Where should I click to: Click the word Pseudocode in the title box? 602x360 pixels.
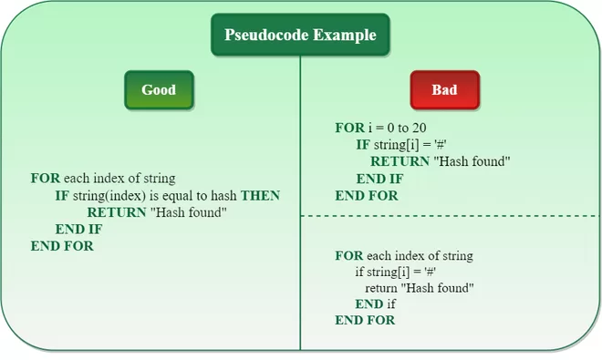click(x=267, y=35)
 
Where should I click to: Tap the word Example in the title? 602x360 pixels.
click(x=345, y=35)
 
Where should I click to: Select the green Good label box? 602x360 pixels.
click(x=159, y=90)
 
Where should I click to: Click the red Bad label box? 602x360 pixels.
click(x=444, y=90)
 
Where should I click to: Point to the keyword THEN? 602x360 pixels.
click(x=260, y=196)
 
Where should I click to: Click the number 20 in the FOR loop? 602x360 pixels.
click(x=420, y=128)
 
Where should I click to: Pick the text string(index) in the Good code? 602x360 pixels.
click(x=109, y=196)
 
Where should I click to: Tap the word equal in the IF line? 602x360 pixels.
click(x=178, y=196)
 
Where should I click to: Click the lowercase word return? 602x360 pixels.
click(x=381, y=288)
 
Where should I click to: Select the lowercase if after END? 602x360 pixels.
click(x=391, y=304)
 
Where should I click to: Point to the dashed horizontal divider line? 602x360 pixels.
click(x=450, y=216)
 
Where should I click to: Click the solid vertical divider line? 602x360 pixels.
click(x=300, y=202)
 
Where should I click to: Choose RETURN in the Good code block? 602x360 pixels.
click(x=117, y=212)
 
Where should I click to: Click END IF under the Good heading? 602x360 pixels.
click(x=78, y=229)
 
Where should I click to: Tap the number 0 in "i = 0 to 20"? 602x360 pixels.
click(x=390, y=128)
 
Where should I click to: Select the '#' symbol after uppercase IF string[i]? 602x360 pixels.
click(x=441, y=145)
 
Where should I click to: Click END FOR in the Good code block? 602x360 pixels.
click(x=62, y=246)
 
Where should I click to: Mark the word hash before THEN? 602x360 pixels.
click(x=223, y=196)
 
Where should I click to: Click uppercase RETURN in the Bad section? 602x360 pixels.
click(x=400, y=161)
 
